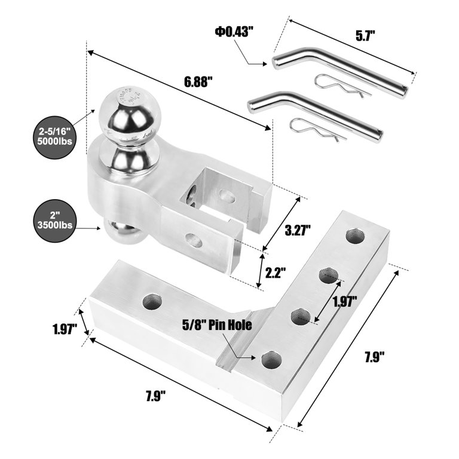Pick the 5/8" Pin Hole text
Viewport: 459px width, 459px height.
(217, 326)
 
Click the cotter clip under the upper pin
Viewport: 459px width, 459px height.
(342, 84)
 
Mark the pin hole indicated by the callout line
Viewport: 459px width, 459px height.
(271, 360)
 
